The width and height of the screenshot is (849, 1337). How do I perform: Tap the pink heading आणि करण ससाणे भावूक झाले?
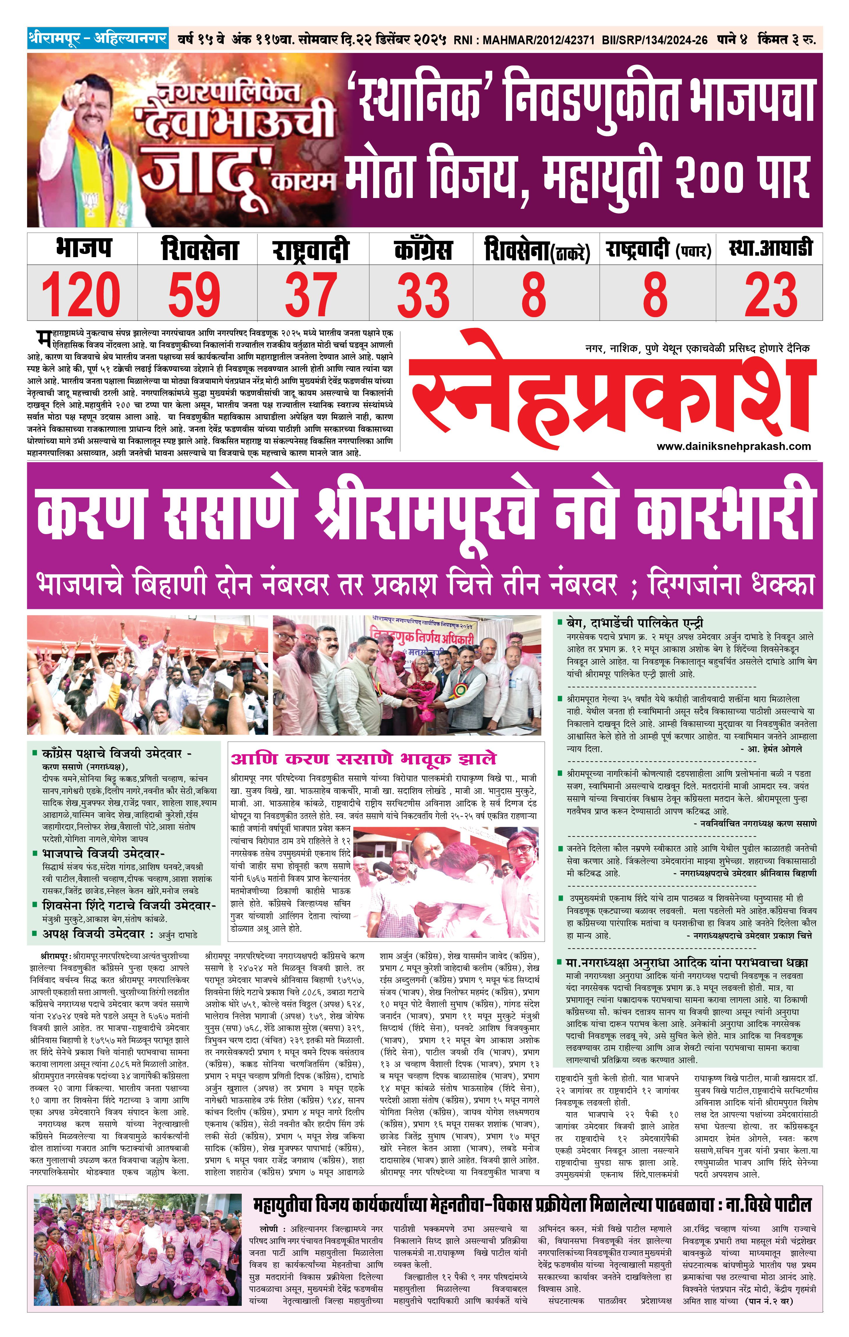[364, 758]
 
